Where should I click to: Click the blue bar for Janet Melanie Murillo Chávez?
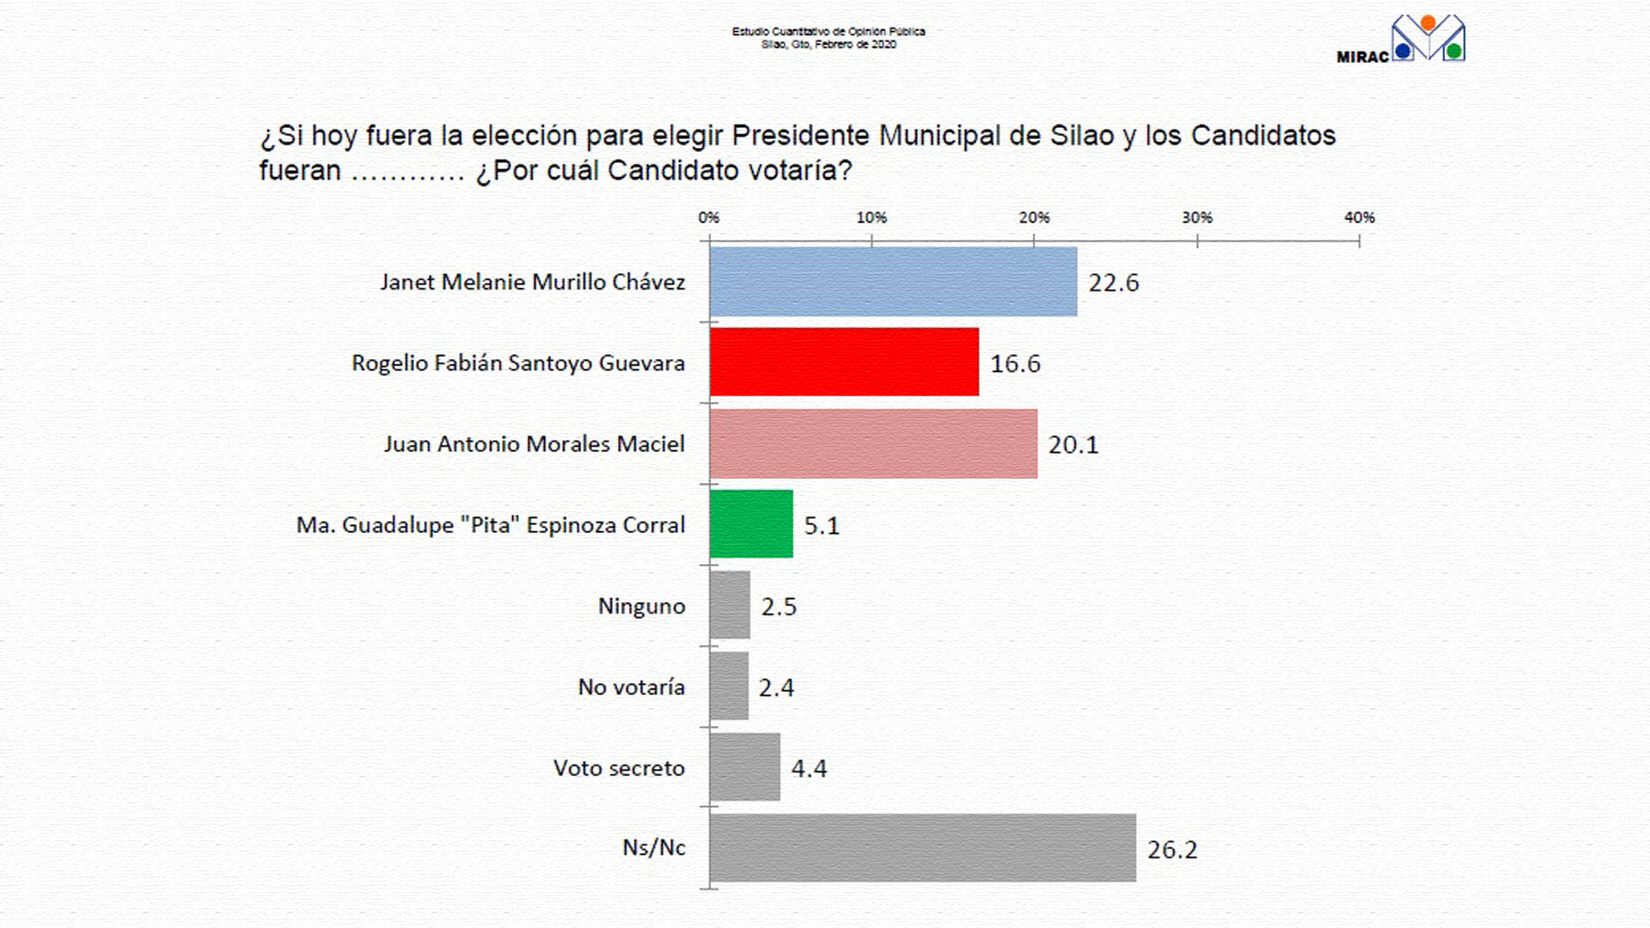(x=893, y=282)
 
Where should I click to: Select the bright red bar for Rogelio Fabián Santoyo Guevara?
(x=844, y=362)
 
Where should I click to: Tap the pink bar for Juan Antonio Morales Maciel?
(x=873, y=443)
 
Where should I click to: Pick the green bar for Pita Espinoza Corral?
(x=751, y=524)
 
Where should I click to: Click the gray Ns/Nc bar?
(x=922, y=848)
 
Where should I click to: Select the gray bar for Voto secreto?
(x=745, y=767)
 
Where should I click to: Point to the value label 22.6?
(x=1114, y=283)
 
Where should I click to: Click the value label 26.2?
(x=1172, y=850)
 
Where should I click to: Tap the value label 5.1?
(x=822, y=526)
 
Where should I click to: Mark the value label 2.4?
(x=776, y=687)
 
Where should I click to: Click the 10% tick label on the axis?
(x=871, y=218)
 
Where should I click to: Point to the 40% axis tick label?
(x=1360, y=218)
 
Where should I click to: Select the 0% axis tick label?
(x=709, y=218)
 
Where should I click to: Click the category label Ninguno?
(x=642, y=607)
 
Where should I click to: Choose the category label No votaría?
(x=632, y=687)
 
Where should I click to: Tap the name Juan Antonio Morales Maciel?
(x=534, y=444)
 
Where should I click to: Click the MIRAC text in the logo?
(x=1363, y=58)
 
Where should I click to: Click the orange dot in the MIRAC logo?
(x=1428, y=23)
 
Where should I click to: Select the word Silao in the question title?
(x=1082, y=136)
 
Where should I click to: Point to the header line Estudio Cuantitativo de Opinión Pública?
(x=828, y=32)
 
